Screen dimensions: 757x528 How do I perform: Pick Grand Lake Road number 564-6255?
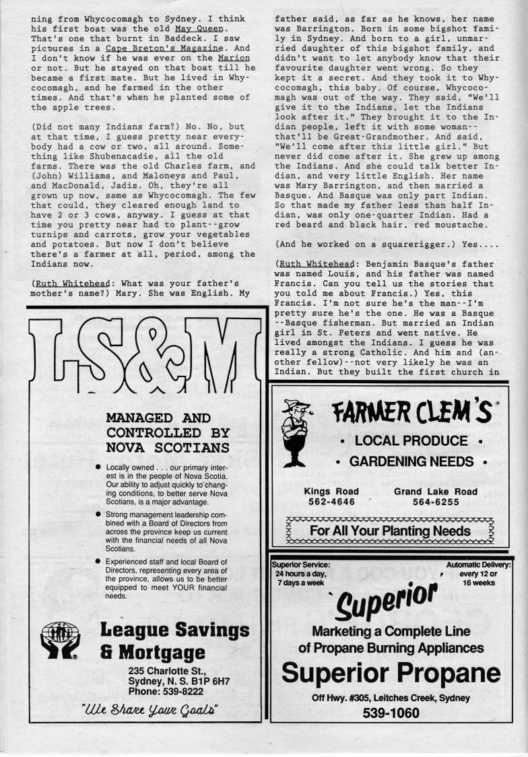point(436,502)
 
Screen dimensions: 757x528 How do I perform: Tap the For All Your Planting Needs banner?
point(390,530)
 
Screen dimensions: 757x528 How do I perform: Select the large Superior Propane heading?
point(391,671)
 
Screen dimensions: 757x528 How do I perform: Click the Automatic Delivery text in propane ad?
point(478,565)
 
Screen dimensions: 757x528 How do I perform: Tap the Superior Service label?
point(301,565)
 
